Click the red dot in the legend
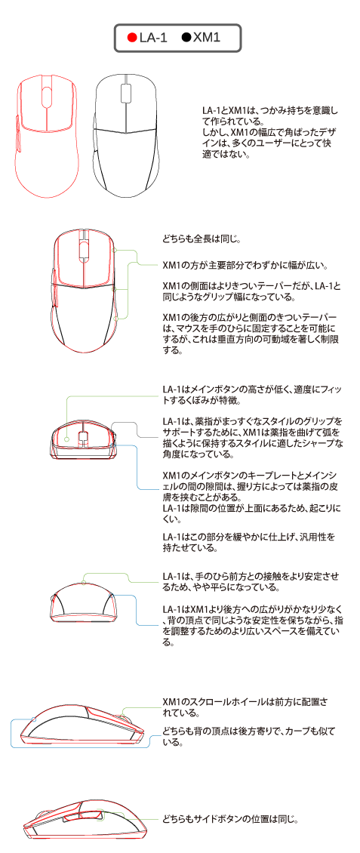(131, 38)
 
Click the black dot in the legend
(186, 38)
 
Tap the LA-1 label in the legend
(152, 38)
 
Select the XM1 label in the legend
(208, 38)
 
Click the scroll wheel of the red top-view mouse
(46, 96)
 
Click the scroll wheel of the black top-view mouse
(125, 91)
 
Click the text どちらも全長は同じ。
(202, 239)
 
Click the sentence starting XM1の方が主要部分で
(245, 266)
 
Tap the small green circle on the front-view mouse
(66, 439)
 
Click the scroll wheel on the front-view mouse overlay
(83, 437)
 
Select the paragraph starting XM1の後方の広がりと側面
(250, 334)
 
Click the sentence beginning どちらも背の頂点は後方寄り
(250, 735)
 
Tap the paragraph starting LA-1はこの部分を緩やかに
(248, 543)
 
